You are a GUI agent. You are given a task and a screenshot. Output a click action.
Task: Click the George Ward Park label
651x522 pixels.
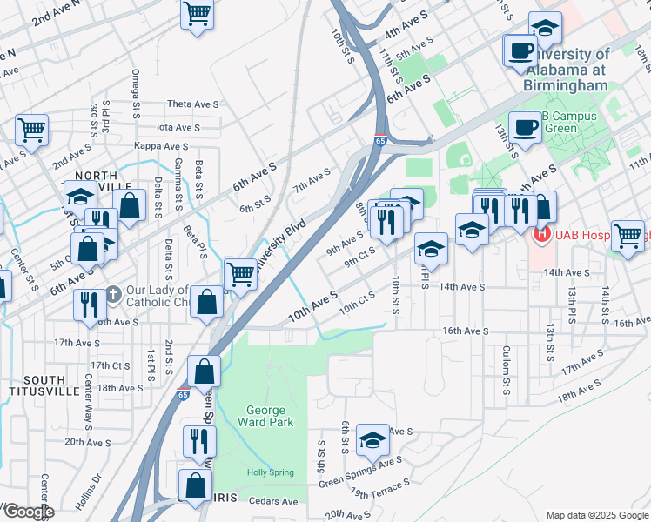point(265,416)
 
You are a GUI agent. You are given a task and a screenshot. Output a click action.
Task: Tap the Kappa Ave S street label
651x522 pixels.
point(161,146)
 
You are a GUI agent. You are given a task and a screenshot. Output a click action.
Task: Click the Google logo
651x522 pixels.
point(28,512)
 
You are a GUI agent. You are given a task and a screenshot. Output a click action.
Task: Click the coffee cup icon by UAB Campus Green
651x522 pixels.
point(526,127)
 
